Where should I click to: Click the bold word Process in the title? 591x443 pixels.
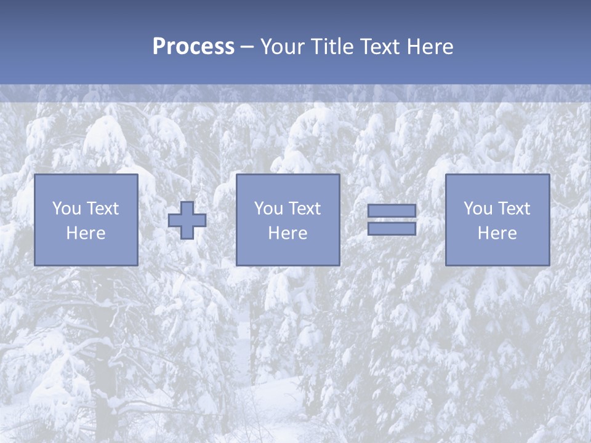193,47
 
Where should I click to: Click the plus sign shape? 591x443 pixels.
187,220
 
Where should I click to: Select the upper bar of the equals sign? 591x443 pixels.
392,211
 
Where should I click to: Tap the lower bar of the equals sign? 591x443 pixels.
392,229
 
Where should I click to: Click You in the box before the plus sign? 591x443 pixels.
66,209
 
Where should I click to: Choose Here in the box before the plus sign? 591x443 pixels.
86,233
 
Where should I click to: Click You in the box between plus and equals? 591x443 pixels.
268,209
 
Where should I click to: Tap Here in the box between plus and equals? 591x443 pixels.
288,233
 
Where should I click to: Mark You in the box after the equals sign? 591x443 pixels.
478,209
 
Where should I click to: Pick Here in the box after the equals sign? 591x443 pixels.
497,233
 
